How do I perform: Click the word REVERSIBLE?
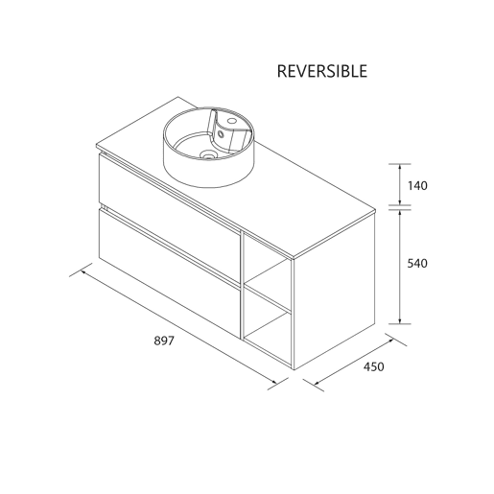(x=322, y=71)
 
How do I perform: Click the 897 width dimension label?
(x=164, y=341)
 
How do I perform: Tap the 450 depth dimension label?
(x=373, y=366)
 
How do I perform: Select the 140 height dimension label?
(x=417, y=186)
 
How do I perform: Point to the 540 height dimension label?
(x=417, y=264)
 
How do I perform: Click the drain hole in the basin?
(x=207, y=155)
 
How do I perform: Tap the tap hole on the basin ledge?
(x=231, y=121)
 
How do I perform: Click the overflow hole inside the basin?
(x=220, y=133)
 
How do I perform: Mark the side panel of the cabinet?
(x=334, y=290)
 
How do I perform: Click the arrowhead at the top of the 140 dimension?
(x=400, y=167)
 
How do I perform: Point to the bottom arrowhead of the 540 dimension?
(x=400, y=320)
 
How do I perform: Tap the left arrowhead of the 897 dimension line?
(x=84, y=272)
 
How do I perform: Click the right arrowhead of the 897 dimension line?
(x=273, y=382)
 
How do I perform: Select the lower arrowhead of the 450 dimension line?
(x=318, y=383)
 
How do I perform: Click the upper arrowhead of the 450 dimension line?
(x=390, y=341)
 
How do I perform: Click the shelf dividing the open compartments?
(x=268, y=296)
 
